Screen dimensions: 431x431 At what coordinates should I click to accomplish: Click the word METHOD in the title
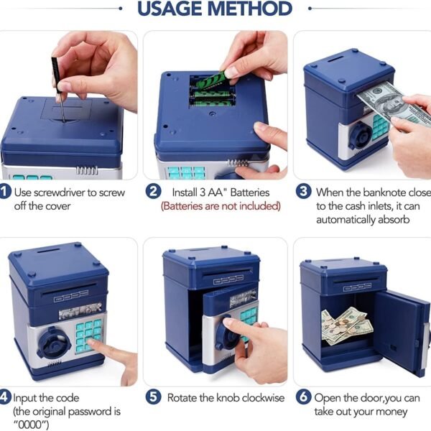[x=250, y=9]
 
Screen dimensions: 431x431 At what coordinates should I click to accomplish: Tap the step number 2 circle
[x=154, y=192]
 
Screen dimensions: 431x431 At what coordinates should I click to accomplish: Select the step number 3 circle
[x=303, y=191]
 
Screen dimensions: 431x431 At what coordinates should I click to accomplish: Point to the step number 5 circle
[x=154, y=397]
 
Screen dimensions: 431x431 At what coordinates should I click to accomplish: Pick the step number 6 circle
[x=303, y=397]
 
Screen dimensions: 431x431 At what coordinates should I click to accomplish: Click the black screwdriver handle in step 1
[x=56, y=74]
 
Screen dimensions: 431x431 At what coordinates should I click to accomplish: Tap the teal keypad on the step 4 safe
[x=88, y=336]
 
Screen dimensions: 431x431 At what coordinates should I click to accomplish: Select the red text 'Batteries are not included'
[x=221, y=206]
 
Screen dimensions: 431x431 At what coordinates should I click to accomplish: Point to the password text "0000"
[x=31, y=425]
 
